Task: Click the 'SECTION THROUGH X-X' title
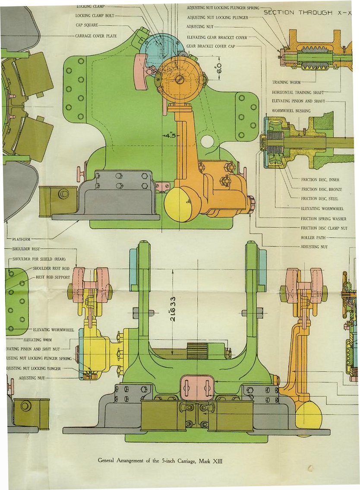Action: (x=307, y=13)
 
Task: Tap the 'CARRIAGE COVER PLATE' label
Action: (x=96, y=36)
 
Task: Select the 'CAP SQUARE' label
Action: (x=87, y=25)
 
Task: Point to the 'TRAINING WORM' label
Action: (x=287, y=82)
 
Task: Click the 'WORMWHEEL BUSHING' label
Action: (x=291, y=111)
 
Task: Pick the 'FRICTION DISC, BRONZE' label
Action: (x=321, y=190)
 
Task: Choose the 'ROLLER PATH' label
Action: (x=313, y=237)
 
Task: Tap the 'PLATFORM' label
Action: (x=18, y=239)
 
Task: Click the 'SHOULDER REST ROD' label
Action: (x=51, y=269)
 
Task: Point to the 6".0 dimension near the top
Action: (x=218, y=67)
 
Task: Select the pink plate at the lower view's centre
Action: (x=197, y=387)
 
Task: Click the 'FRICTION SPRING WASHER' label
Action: (x=323, y=218)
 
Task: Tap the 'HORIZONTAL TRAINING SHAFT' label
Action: (x=297, y=92)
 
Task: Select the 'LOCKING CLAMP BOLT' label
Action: (x=95, y=16)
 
